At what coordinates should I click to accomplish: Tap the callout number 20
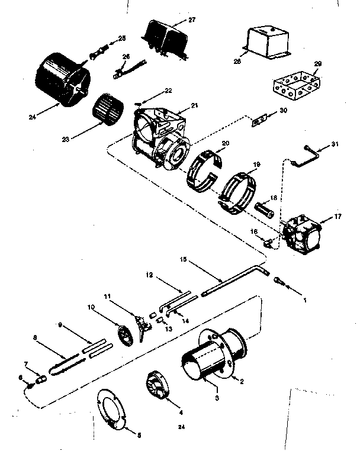225,144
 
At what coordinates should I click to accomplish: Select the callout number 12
149,275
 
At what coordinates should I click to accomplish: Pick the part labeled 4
157,388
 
